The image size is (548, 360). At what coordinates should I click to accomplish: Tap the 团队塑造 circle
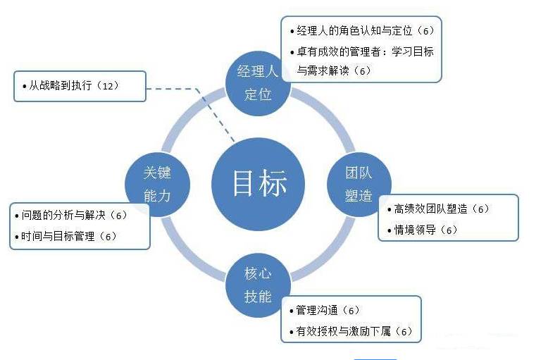[359, 185]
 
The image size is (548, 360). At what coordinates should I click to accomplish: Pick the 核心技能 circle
[258, 285]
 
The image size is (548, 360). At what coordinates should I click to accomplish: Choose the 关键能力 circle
[157, 185]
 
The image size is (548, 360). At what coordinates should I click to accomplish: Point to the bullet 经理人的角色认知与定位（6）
[360, 32]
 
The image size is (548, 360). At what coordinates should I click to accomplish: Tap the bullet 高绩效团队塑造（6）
[441, 209]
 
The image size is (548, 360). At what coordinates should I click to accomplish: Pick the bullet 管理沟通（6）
[328, 310]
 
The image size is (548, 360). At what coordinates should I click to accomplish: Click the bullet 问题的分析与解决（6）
[73, 216]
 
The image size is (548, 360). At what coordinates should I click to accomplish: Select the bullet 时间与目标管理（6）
[68, 236]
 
